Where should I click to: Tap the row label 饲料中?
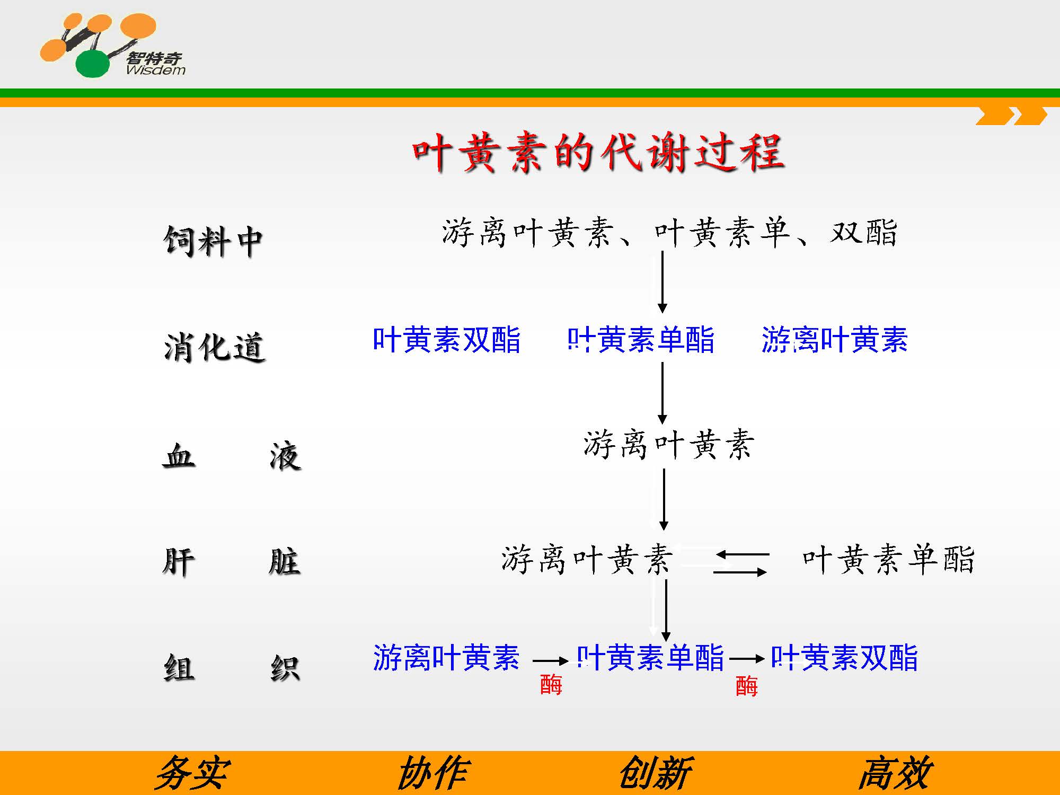click(213, 242)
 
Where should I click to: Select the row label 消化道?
click(214, 348)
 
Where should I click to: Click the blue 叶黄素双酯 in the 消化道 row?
click(447, 340)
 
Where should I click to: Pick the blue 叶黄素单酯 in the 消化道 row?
click(641, 340)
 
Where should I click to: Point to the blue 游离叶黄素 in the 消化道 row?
click(835, 340)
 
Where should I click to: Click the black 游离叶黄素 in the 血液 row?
click(668, 444)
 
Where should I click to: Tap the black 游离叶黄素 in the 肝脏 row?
click(587, 559)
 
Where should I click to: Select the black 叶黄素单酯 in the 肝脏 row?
click(888, 559)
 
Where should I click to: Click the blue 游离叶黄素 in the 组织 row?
click(446, 658)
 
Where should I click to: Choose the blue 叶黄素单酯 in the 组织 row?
click(650, 658)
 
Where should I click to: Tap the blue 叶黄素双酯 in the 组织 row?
click(844, 658)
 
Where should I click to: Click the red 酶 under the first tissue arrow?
click(551, 684)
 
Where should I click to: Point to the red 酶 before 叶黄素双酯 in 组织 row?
click(747, 686)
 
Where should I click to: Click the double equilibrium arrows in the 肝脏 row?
click(741, 563)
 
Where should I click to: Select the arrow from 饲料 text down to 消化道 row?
click(662, 282)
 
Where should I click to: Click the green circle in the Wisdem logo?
click(93, 64)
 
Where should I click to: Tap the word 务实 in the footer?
click(192, 773)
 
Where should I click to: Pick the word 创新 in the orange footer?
click(656, 773)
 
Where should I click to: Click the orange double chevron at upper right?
click(1011, 116)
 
